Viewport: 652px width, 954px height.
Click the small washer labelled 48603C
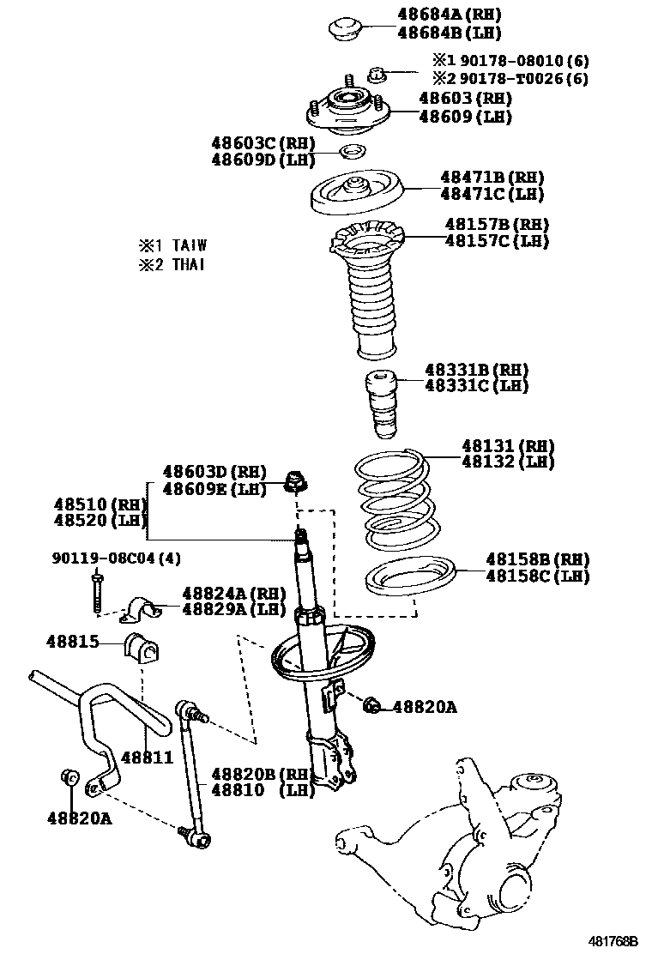pyautogui.click(x=349, y=153)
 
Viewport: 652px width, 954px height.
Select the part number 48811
pyautogui.click(x=148, y=757)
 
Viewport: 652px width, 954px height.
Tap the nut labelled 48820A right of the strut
pyautogui.click(x=371, y=705)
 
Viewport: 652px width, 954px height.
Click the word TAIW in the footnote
pyautogui.click(x=190, y=245)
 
